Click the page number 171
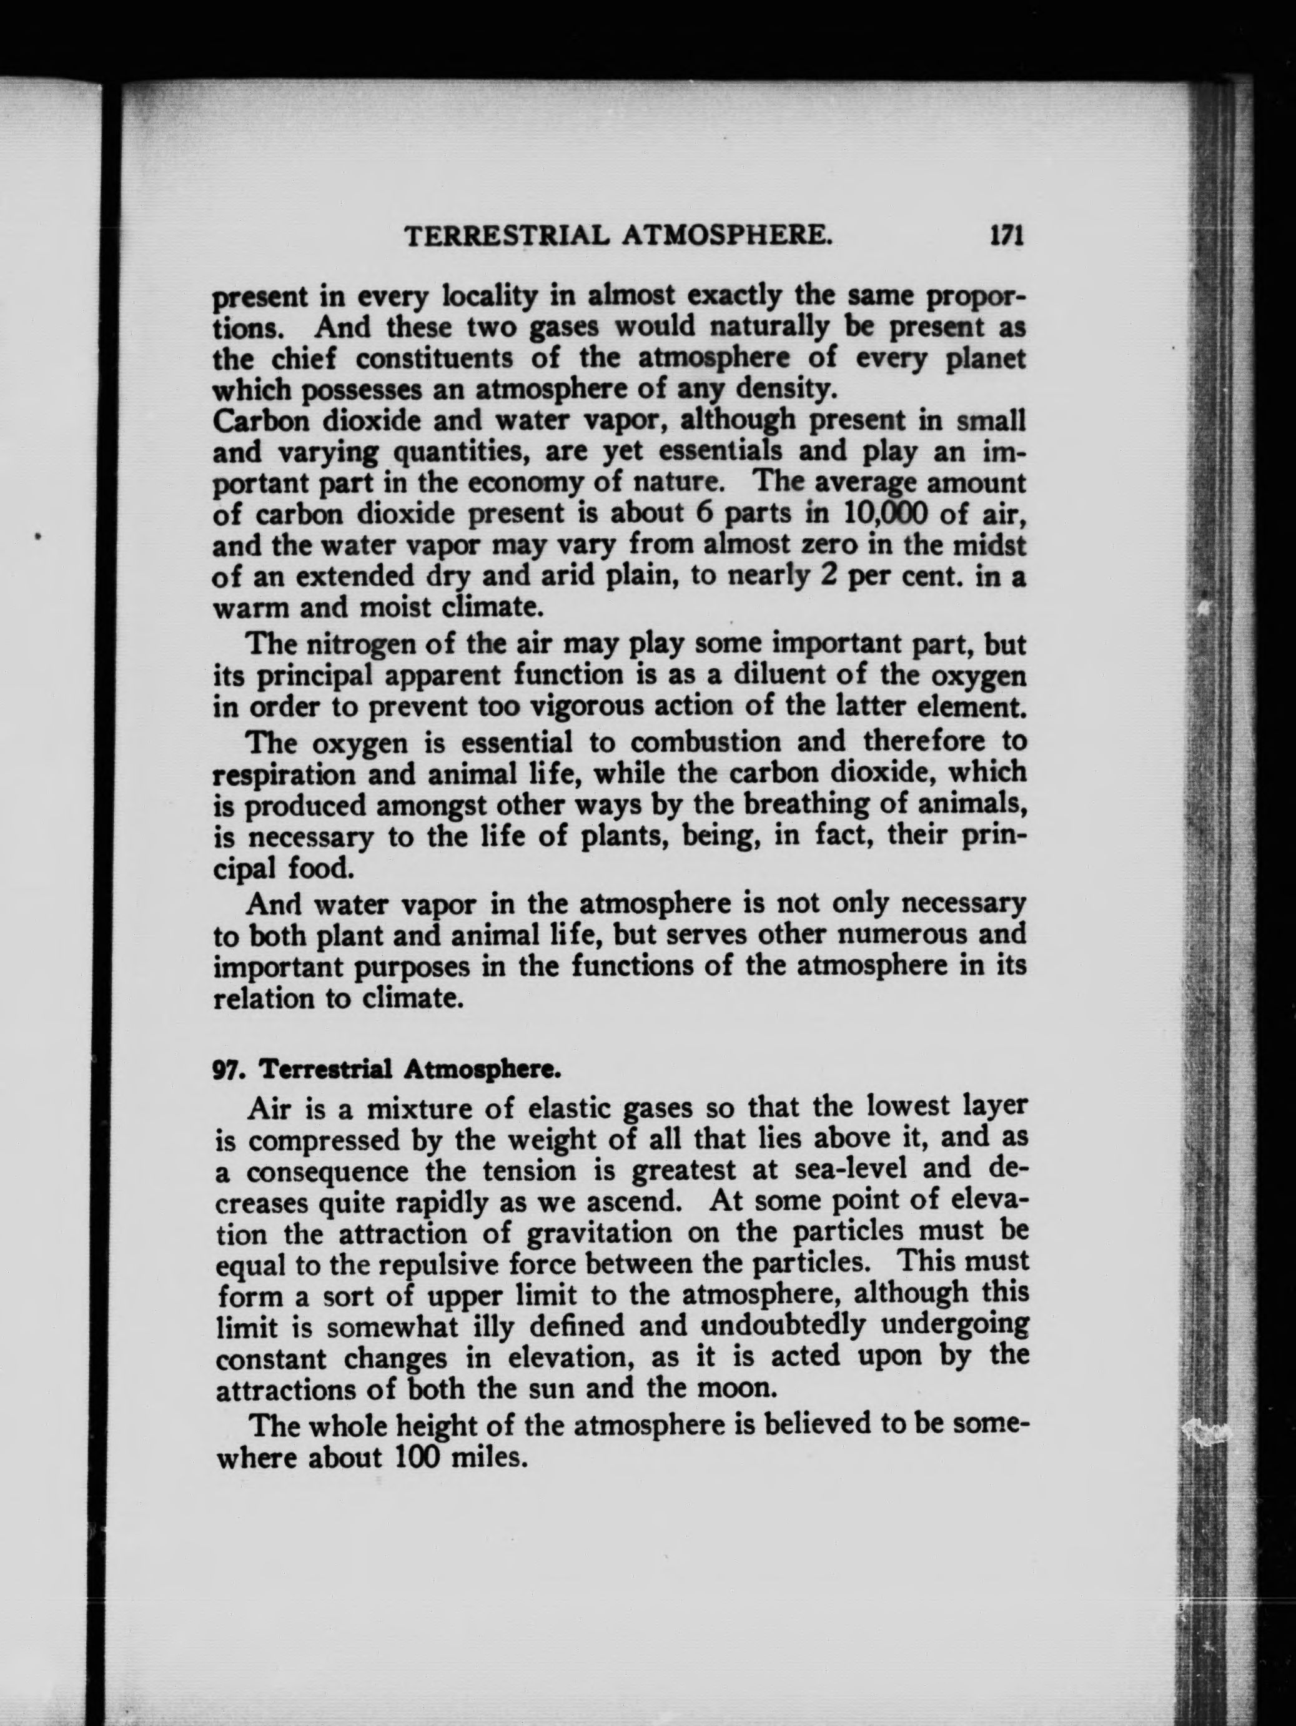tap(1006, 235)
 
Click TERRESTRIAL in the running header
tap(504, 235)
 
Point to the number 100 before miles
tap(419, 1457)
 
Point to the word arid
tap(518, 576)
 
